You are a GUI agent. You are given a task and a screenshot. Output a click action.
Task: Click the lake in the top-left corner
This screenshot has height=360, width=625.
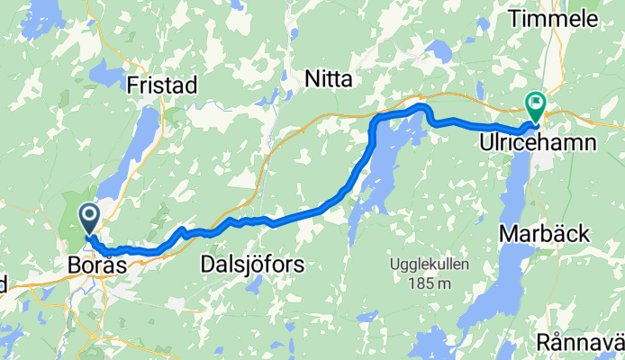click(x=45, y=13)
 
